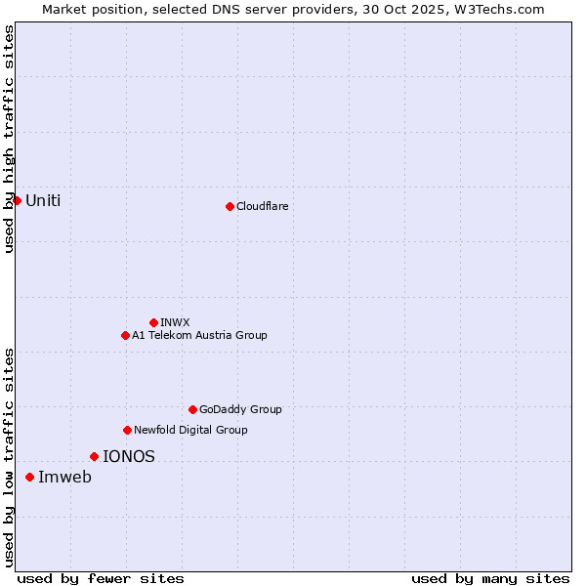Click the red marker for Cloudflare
(x=230, y=206)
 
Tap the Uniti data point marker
(x=17, y=200)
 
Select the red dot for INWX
(x=153, y=322)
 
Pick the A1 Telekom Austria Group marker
(x=125, y=335)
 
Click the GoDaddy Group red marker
(x=192, y=409)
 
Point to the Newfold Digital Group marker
(x=127, y=430)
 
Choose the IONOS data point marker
(x=94, y=456)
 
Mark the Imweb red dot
(x=29, y=477)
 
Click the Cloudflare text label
(x=262, y=206)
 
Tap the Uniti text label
(x=43, y=200)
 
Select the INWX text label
(x=175, y=322)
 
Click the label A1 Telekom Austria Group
(x=199, y=335)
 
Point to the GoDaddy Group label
(x=240, y=409)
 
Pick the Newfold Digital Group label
(x=190, y=430)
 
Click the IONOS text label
(x=129, y=456)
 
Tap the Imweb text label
(x=64, y=477)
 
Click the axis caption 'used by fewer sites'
(x=101, y=578)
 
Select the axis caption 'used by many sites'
(x=490, y=578)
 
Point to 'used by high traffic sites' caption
(x=9, y=139)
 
